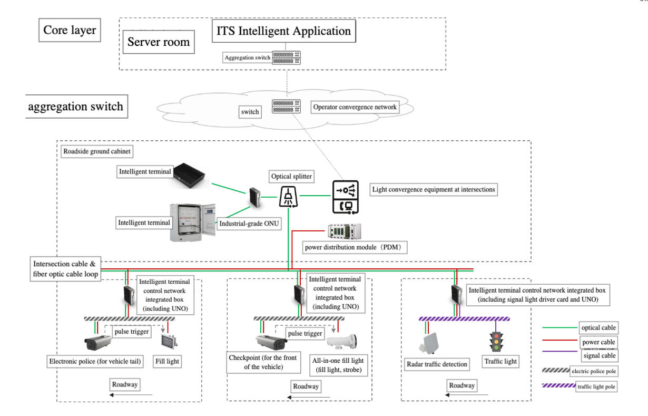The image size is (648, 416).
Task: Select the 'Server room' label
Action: [159, 42]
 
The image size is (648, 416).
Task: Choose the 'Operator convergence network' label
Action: [354, 107]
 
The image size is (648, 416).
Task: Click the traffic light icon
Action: [495, 342]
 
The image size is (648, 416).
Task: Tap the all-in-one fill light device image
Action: [341, 341]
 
